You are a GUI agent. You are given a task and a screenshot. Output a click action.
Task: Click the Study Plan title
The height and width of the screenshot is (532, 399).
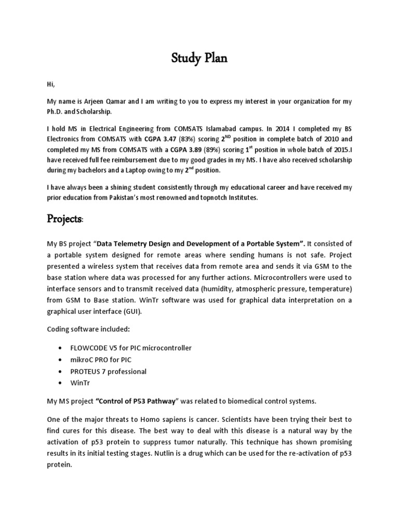point(199,58)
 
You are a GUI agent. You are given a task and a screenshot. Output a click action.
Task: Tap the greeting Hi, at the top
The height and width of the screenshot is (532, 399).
point(50,83)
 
